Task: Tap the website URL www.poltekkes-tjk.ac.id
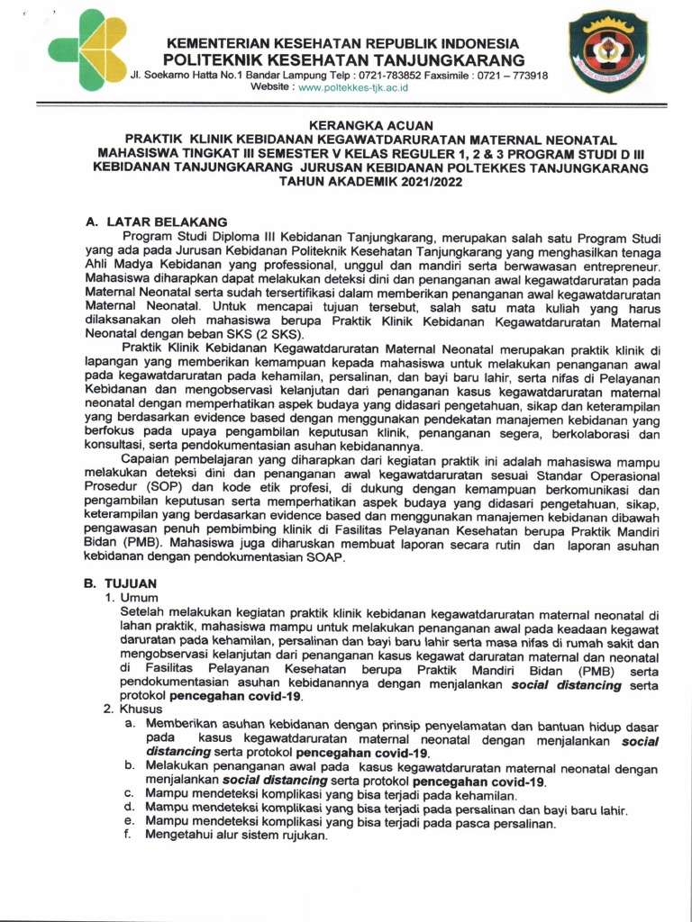[353, 87]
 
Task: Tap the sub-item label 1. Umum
[132, 597]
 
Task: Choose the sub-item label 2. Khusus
[133, 709]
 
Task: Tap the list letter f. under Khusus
[129, 835]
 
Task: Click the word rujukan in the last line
[304, 835]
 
